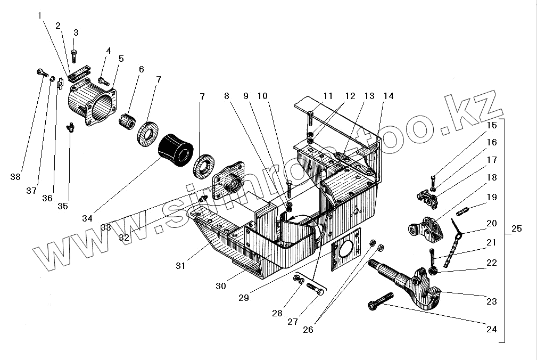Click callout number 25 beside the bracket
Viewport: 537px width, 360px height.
point(516,229)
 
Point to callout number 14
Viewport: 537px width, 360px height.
point(388,96)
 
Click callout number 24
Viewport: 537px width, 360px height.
point(491,329)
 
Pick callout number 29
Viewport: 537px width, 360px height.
point(243,298)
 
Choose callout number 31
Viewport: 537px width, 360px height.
point(180,265)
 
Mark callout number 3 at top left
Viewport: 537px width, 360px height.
point(76,33)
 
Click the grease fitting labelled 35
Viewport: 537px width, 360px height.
point(70,128)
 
